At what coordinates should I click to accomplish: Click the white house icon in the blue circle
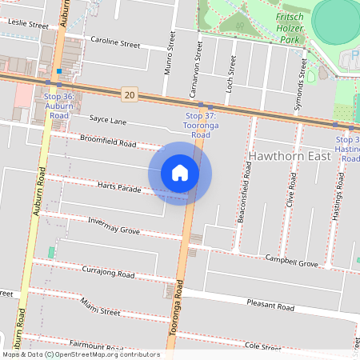coord(180,173)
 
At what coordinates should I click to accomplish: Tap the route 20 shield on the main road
coord(129,95)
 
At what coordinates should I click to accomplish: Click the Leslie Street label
coord(27,25)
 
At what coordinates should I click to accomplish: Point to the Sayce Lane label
coord(107,120)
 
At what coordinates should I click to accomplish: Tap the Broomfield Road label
coord(108,142)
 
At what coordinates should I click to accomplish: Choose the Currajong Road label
coord(108,271)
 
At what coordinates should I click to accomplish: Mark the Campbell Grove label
coord(292,260)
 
